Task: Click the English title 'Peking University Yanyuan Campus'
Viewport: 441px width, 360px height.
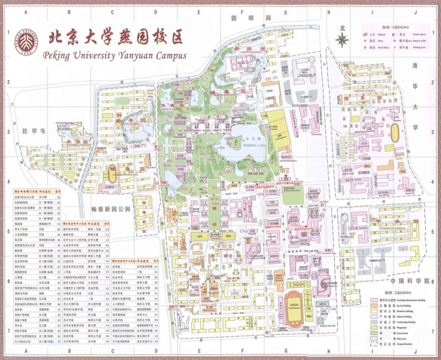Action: point(115,55)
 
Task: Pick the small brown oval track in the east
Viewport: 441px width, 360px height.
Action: point(395,130)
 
